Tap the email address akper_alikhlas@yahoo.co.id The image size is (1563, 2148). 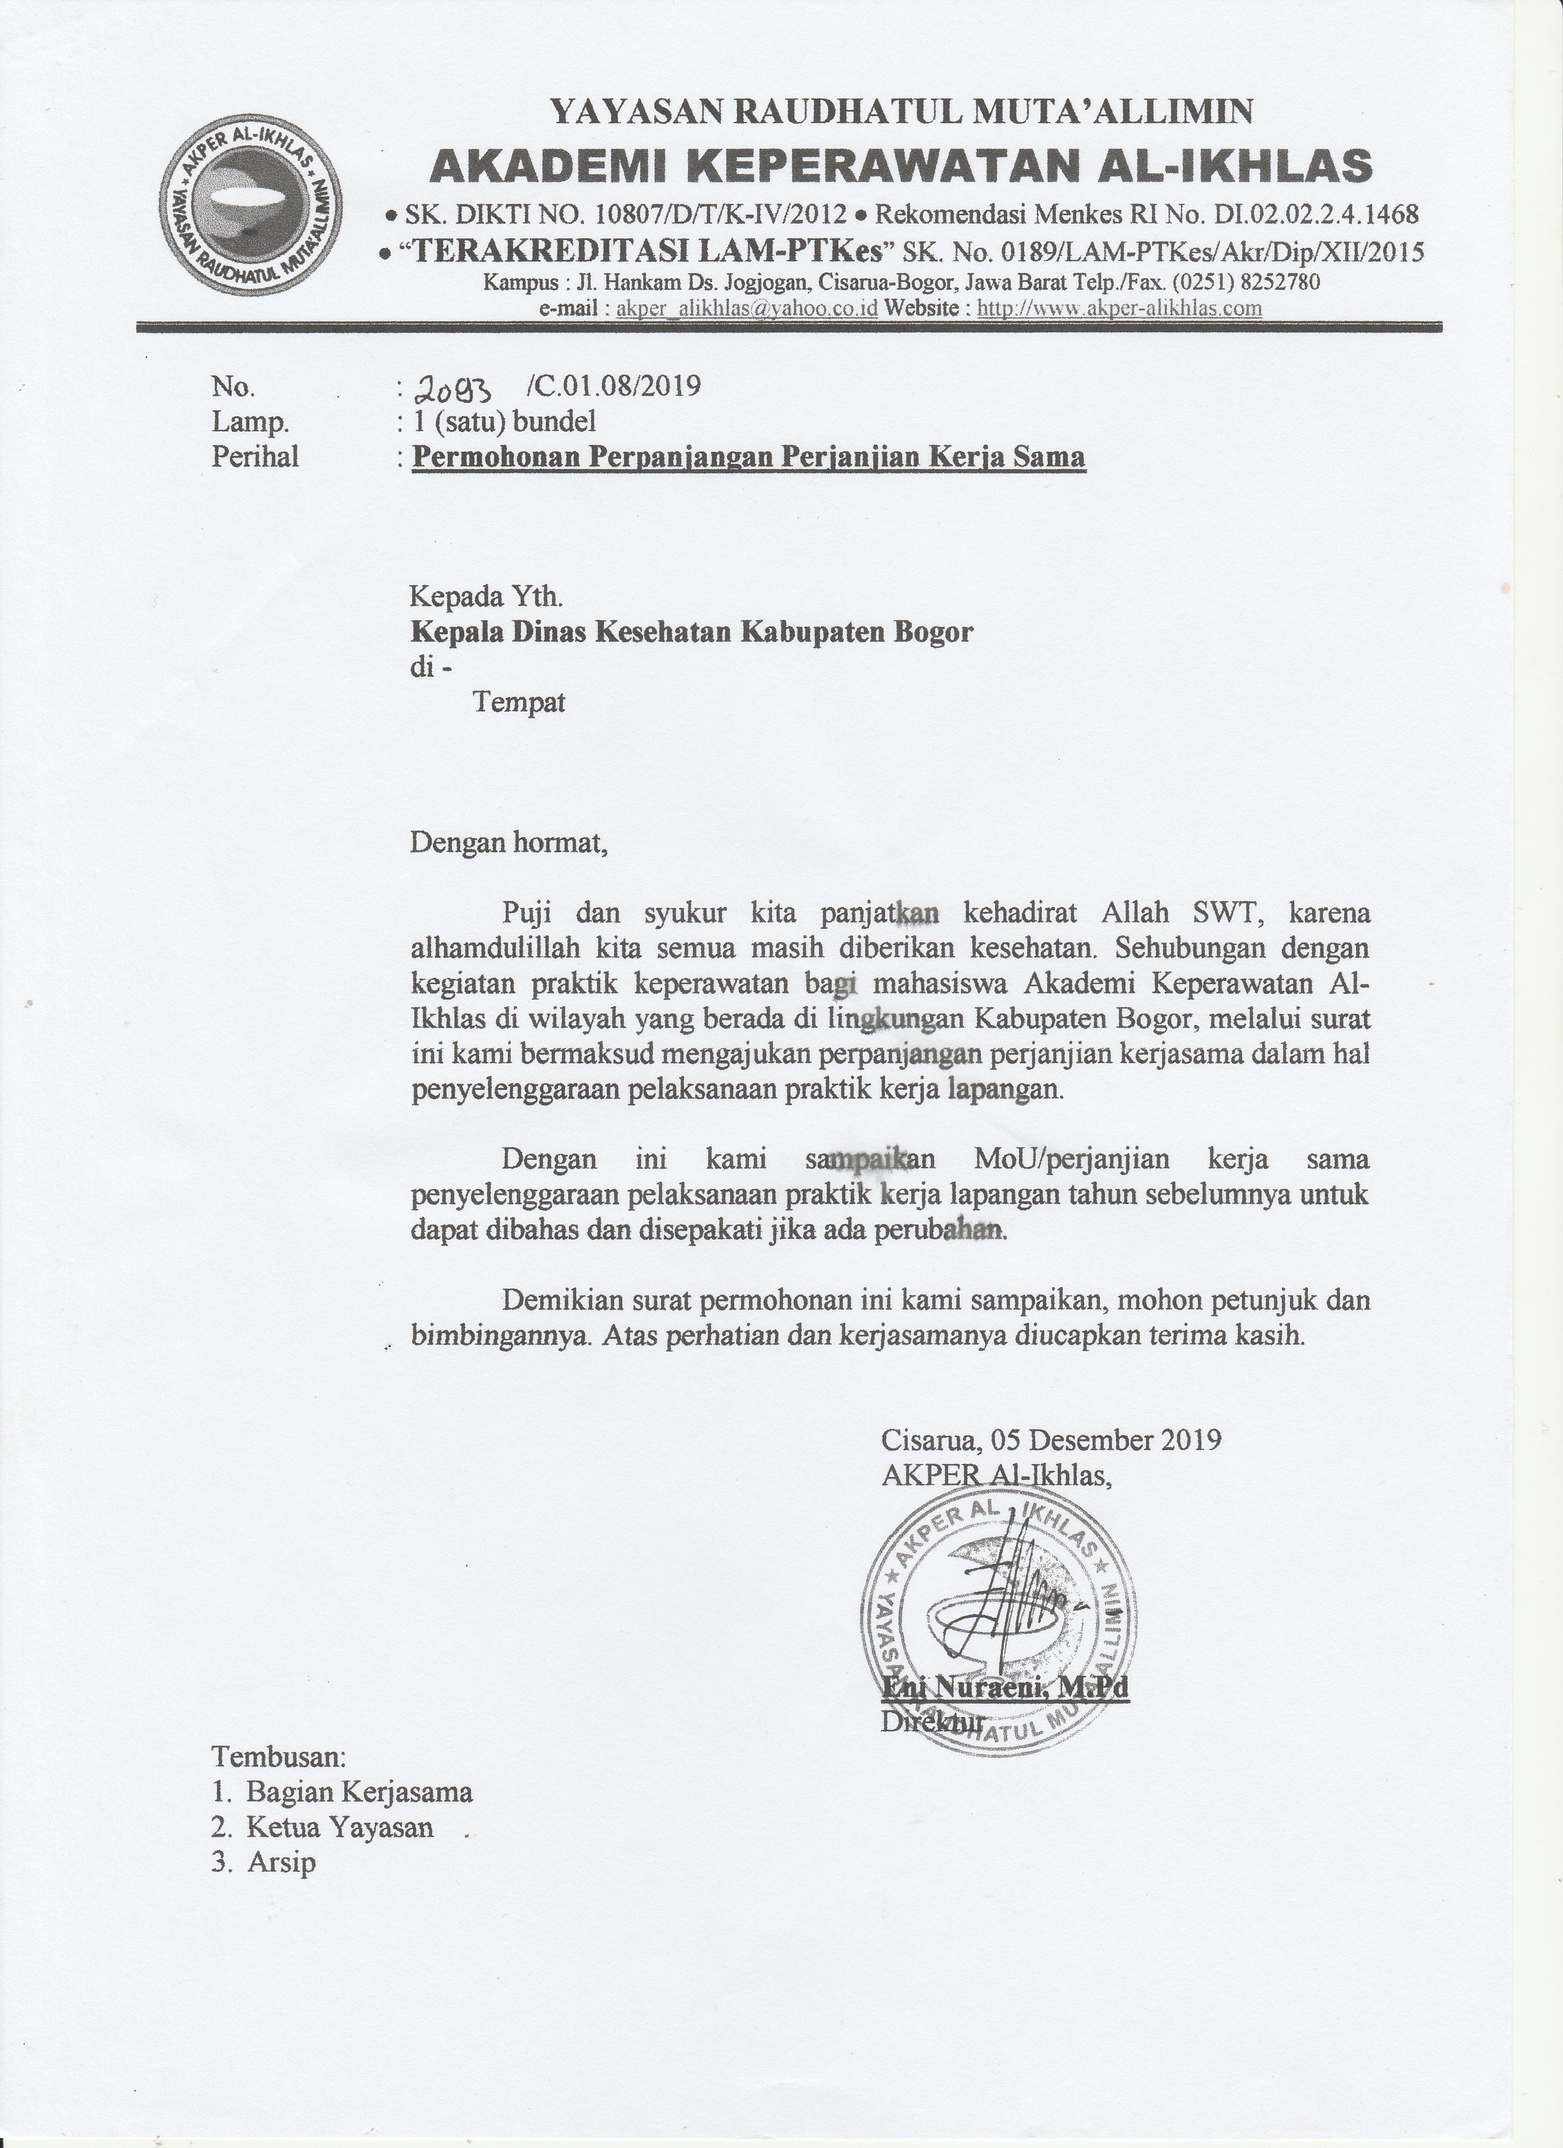(747, 309)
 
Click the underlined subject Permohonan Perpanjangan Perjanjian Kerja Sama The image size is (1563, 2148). (749, 457)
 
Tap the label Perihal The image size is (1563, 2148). (255, 457)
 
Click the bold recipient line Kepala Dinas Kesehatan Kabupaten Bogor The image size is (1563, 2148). (691, 632)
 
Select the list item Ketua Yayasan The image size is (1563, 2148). (339, 1827)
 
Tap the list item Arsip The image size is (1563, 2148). (281, 1862)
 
